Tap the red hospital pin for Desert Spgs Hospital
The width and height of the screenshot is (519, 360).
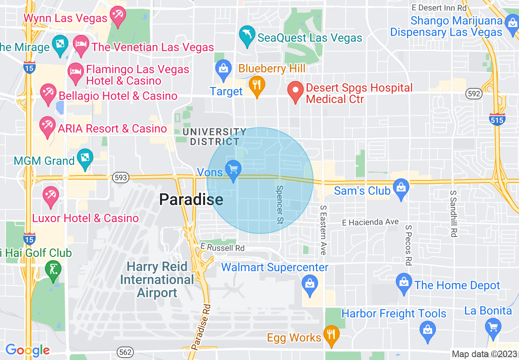[x=295, y=92]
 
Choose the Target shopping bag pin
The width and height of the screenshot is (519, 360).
[x=223, y=69]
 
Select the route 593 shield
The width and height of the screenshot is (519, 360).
[x=121, y=178]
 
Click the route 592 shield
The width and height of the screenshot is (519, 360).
[x=474, y=94]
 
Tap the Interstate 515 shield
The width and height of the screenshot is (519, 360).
[x=497, y=119]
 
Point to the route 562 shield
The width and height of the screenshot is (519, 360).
[x=124, y=352]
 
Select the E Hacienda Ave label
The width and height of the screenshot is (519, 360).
[x=370, y=222]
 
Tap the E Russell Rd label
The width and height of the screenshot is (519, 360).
[x=222, y=248]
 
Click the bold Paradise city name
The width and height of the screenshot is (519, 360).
[x=191, y=200]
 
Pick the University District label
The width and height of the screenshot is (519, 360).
[x=214, y=137]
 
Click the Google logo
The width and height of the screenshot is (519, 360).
[x=27, y=350]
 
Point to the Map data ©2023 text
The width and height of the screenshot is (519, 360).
[x=484, y=354]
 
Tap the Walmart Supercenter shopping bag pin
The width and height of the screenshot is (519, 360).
[x=310, y=284]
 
